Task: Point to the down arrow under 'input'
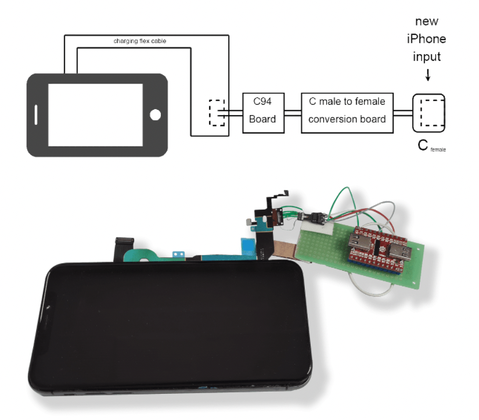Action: [x=428, y=76]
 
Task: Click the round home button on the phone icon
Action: [x=154, y=114]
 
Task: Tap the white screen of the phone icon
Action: [x=95, y=114]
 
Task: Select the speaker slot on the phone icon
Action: [x=37, y=114]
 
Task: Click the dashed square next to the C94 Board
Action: [x=217, y=112]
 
